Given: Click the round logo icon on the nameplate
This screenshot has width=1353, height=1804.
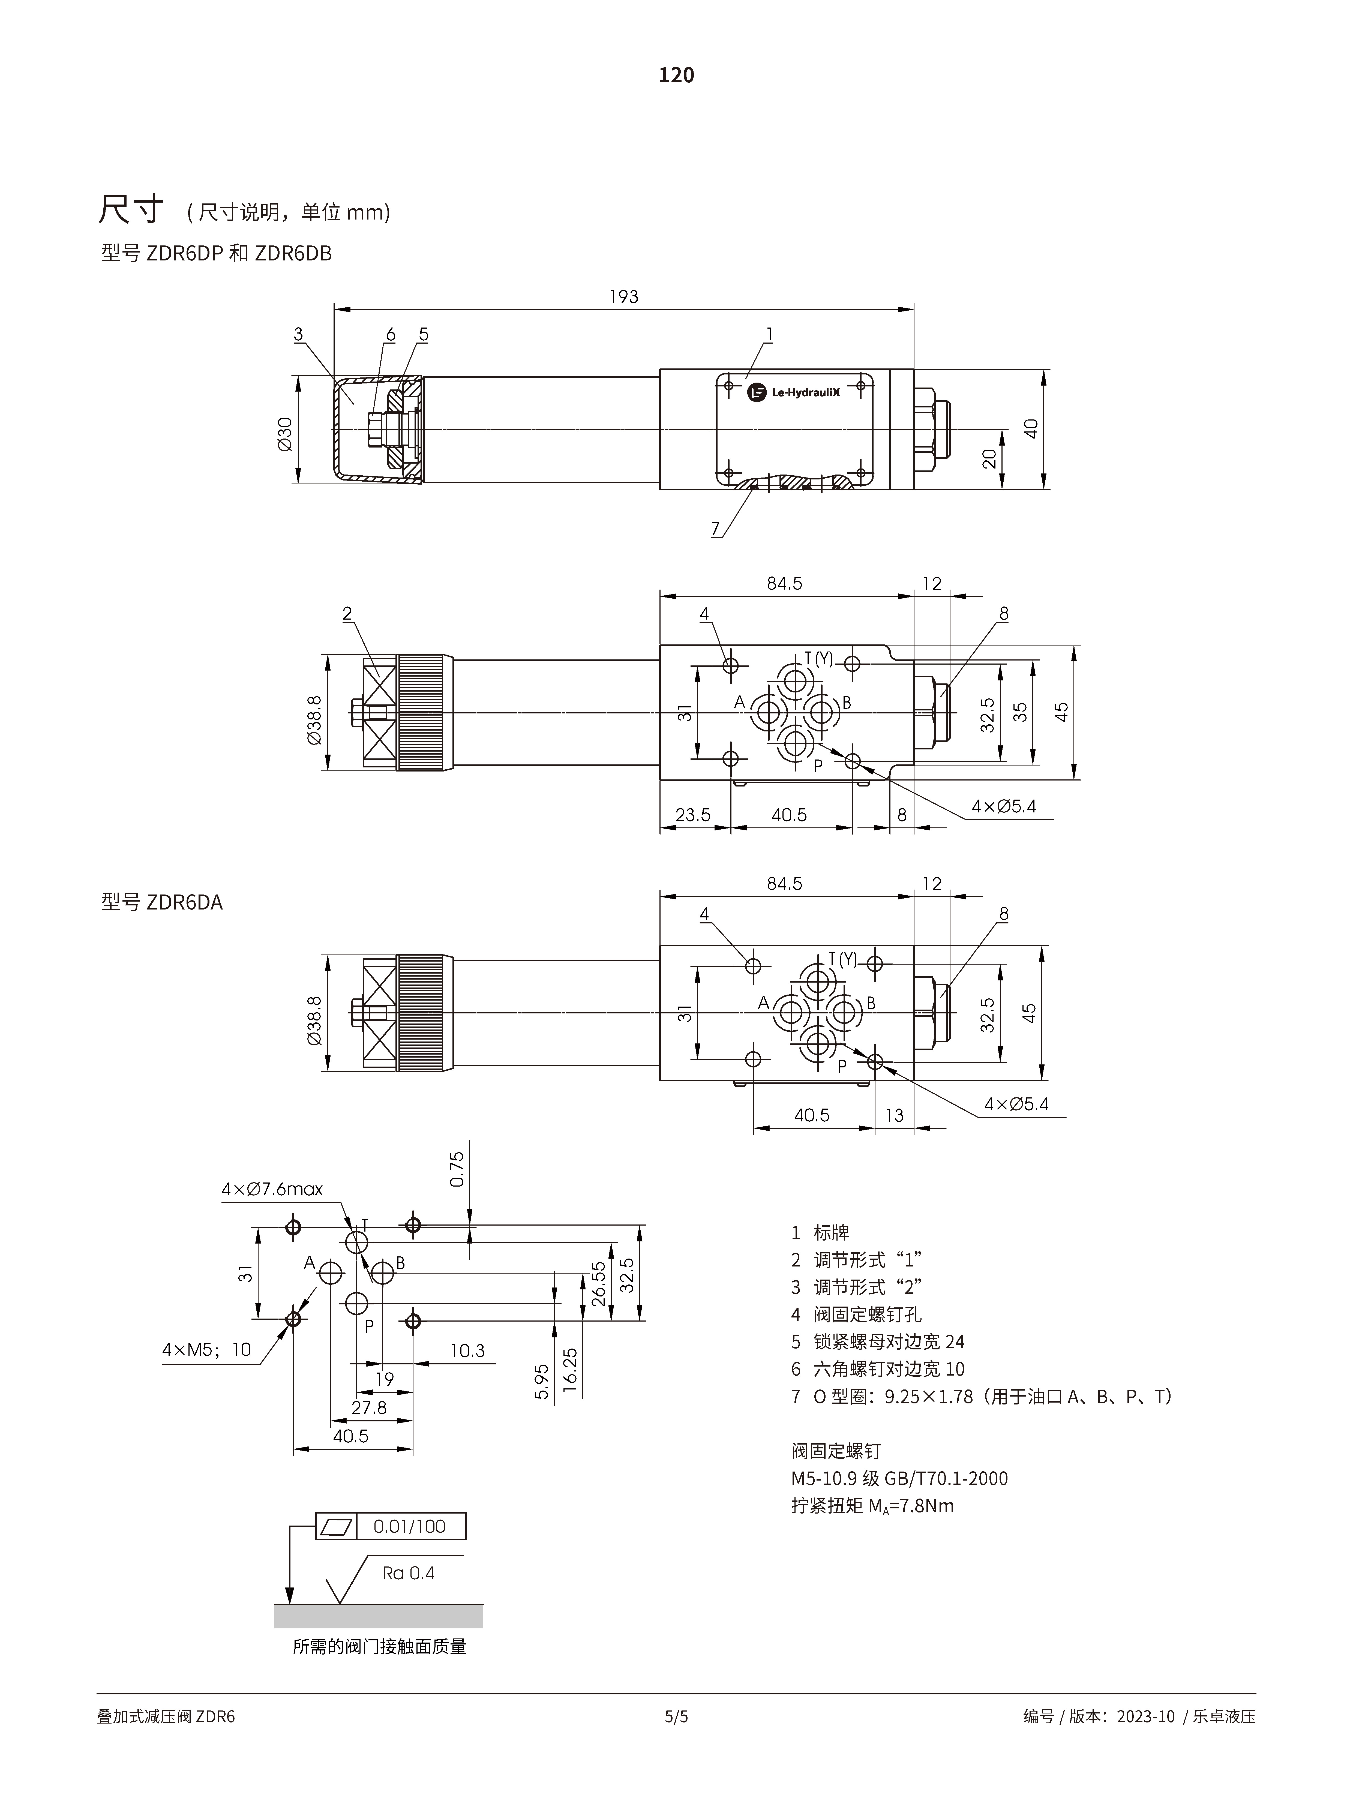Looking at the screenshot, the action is click(x=757, y=392).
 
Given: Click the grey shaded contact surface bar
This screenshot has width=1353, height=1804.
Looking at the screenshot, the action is click(x=379, y=1616).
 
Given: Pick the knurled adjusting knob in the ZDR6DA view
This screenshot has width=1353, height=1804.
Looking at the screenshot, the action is click(x=421, y=1013).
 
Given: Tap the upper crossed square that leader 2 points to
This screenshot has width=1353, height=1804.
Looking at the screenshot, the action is click(x=379, y=683).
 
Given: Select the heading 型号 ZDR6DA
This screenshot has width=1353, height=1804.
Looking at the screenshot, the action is click(x=161, y=902).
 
